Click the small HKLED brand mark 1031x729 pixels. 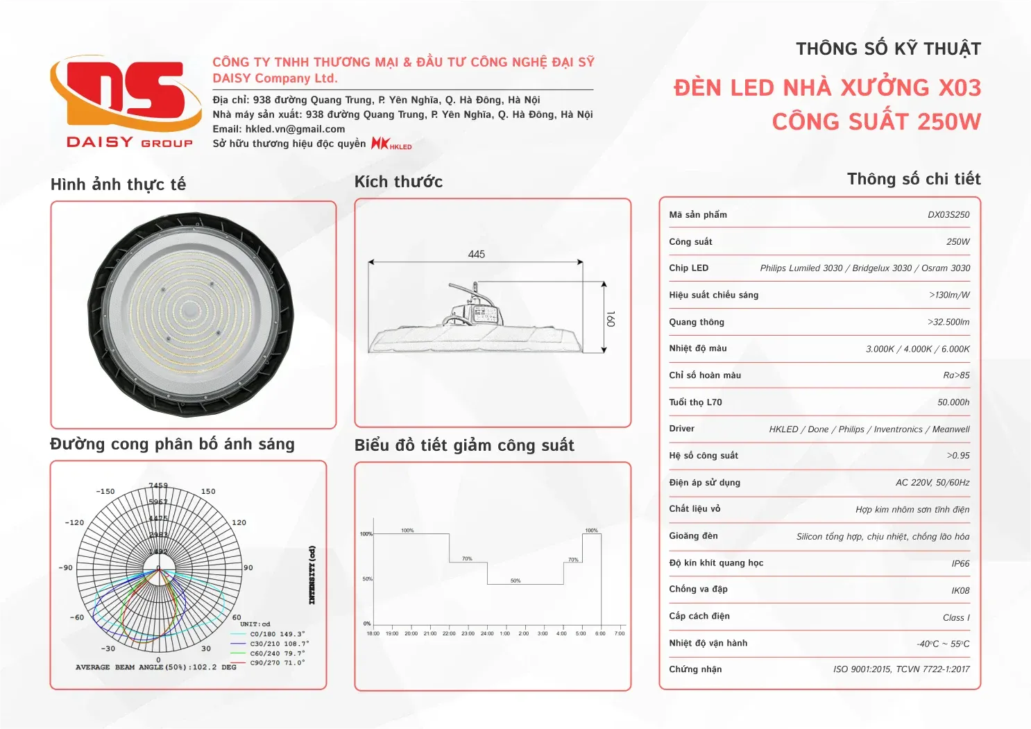click(x=391, y=144)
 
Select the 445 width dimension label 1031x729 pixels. click(x=476, y=255)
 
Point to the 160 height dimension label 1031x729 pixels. click(x=611, y=318)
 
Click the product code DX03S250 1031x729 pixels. click(x=948, y=215)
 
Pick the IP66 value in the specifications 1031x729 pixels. click(x=960, y=564)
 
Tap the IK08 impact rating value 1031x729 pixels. click(x=960, y=591)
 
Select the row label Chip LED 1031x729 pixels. click(x=688, y=268)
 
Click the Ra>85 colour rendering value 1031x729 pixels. click(x=956, y=376)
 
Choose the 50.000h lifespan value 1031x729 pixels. click(x=953, y=402)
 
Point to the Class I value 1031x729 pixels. click(x=956, y=618)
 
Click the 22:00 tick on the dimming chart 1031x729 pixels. click(x=449, y=633)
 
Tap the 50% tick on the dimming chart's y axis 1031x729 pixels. click(x=367, y=578)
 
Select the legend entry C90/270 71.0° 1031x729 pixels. click(x=277, y=663)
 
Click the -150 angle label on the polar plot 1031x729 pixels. click(x=105, y=491)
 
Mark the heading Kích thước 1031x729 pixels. click(x=398, y=182)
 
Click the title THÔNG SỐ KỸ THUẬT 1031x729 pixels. click(x=888, y=49)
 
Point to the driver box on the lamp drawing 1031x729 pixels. click(x=484, y=314)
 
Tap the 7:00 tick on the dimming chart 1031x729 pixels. click(x=620, y=633)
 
